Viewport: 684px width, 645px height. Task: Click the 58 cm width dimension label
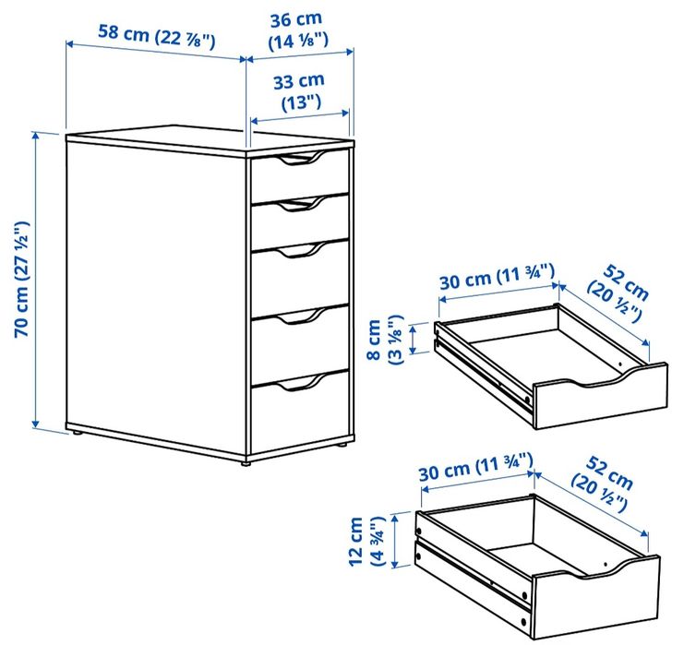(x=157, y=36)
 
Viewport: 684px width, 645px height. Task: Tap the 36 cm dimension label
(x=298, y=30)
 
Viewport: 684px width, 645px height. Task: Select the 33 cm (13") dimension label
(x=298, y=91)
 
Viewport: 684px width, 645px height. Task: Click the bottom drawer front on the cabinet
(x=300, y=415)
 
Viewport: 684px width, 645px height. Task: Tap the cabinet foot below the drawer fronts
(x=246, y=461)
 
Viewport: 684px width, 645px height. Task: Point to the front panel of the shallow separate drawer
(x=600, y=401)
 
